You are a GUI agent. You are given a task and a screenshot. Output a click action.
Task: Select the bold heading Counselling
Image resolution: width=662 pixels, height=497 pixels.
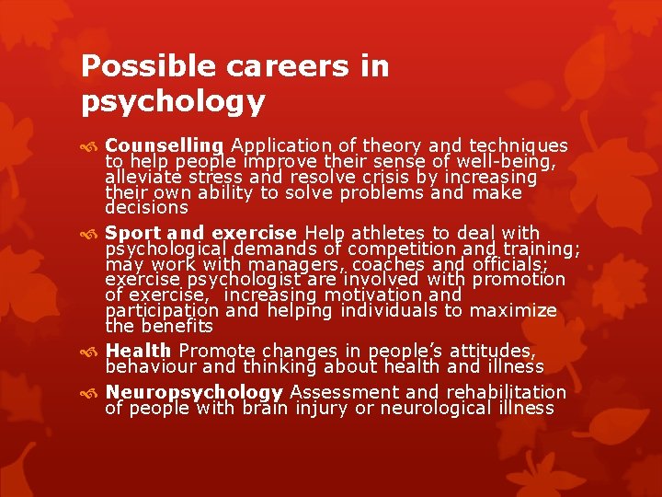click(x=164, y=145)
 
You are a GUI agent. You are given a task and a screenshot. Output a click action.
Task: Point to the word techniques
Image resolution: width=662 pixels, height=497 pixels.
click(x=518, y=145)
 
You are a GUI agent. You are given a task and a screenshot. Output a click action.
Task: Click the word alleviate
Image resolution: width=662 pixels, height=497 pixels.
click(x=143, y=177)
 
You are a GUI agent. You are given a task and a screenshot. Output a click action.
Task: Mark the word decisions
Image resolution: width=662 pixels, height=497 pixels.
click(x=147, y=208)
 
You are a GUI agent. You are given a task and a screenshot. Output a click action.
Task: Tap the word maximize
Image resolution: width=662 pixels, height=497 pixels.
click(x=514, y=310)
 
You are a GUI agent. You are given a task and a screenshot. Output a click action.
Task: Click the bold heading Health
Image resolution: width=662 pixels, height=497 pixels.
click(x=138, y=351)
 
